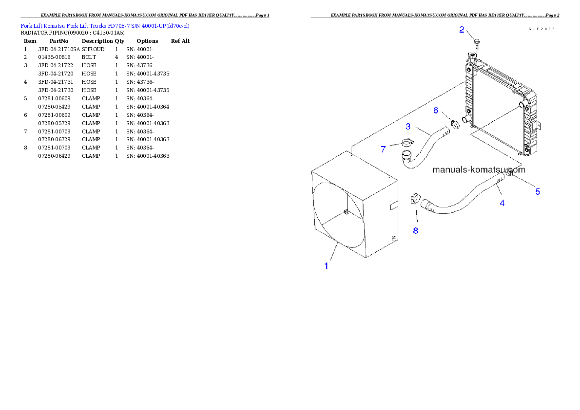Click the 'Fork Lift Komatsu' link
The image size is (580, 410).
pos(43,26)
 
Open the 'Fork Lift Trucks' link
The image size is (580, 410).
pos(86,26)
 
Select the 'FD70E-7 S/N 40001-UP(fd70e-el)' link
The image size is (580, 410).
pos(149,26)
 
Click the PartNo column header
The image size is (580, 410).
pos(59,41)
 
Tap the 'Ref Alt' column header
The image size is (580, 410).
pos(180,41)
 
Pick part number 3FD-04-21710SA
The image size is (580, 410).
pos(59,49)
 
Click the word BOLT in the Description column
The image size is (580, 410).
pos(89,57)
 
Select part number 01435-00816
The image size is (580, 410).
pos(54,57)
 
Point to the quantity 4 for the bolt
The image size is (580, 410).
pos(116,57)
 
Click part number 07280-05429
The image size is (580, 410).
pos(54,107)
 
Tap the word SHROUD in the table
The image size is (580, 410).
pos(93,49)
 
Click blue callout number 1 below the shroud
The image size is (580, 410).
pos(326,266)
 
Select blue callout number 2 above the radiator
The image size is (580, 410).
pos(462,30)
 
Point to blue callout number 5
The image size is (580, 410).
pos(538,191)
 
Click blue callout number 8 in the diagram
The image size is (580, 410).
pos(415,231)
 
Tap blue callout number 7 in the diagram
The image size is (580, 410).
pos(383,149)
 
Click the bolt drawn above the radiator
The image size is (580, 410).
pos(477,44)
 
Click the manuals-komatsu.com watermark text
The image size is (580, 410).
pos(479,169)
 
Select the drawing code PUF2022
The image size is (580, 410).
pos(542,29)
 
